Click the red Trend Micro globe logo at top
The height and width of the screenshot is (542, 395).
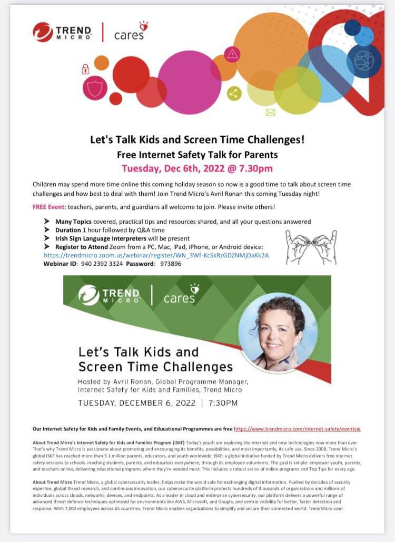(x=43, y=32)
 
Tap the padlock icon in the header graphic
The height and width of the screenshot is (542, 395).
(x=85, y=68)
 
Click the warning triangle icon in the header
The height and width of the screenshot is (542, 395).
(x=232, y=54)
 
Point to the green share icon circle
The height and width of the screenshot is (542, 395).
(x=234, y=94)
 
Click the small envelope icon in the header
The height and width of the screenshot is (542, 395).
(x=270, y=112)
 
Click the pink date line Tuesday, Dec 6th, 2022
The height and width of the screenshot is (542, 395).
(x=198, y=168)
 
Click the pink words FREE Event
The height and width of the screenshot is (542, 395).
(x=46, y=206)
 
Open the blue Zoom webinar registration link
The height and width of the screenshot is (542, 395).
(x=156, y=255)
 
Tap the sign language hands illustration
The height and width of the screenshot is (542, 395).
(x=311, y=247)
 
